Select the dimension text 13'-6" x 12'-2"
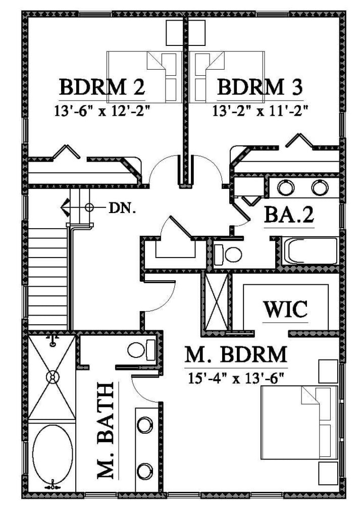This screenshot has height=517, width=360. tap(102, 110)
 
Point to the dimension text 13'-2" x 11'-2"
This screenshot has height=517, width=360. tap(260, 110)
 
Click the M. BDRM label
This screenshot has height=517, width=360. tap(236, 355)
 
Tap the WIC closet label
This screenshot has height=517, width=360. tap(286, 309)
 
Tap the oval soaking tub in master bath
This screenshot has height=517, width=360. tap(52, 455)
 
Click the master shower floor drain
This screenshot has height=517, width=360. tap(52, 377)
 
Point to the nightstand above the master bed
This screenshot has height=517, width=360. tap(327, 372)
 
